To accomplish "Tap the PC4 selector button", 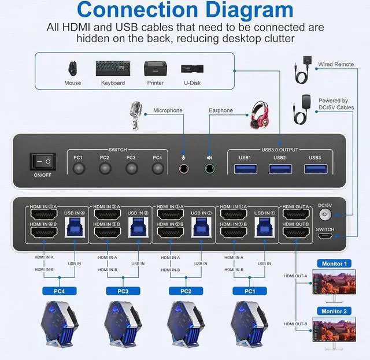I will point(157,169).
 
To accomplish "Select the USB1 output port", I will point(245,169).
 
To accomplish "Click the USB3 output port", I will point(314,169).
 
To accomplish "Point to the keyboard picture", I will point(113,68).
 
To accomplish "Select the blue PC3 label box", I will point(122,291).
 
